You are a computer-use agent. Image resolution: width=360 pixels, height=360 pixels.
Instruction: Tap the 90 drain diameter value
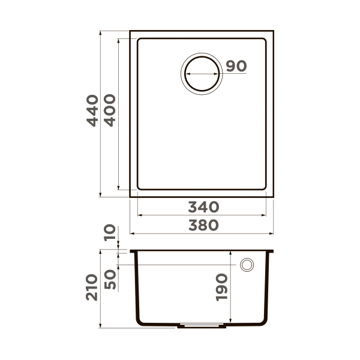[x=236, y=67]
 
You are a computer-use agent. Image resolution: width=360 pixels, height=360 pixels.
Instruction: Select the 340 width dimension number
[x=203, y=207]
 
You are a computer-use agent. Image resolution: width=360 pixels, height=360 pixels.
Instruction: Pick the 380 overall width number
[x=203, y=225]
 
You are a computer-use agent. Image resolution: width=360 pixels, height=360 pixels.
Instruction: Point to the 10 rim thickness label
[x=110, y=233]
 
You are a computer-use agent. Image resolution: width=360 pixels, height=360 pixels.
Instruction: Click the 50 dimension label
[x=110, y=279]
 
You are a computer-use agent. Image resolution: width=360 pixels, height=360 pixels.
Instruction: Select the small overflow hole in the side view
[x=246, y=265]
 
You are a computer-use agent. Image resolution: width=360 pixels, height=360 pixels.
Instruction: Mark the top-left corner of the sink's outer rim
[x=130, y=31]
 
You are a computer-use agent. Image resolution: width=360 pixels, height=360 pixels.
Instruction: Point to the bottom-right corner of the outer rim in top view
[x=274, y=196]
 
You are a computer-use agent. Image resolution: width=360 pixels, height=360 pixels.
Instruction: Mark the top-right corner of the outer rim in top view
[x=274, y=31]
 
